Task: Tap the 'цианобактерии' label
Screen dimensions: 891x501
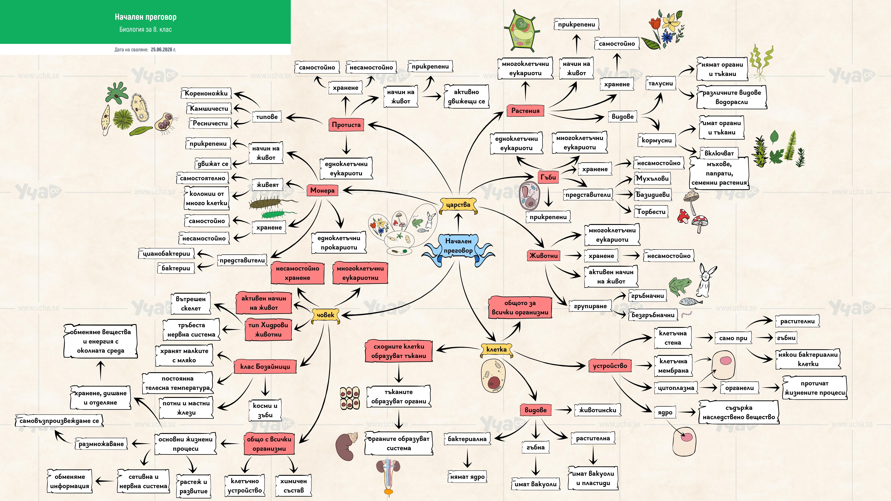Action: point(166,253)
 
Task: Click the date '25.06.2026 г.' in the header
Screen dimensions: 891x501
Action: point(163,49)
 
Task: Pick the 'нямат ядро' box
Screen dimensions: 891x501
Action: point(467,477)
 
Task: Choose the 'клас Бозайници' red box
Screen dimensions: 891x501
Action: point(265,367)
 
